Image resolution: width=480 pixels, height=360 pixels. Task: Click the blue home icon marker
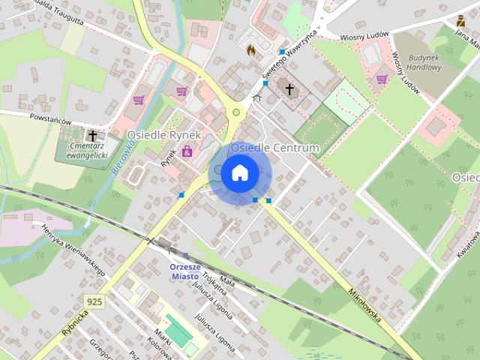(x=239, y=173)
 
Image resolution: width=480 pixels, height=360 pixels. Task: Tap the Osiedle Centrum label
(x=274, y=148)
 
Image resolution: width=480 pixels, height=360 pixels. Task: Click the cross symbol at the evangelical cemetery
(x=93, y=136)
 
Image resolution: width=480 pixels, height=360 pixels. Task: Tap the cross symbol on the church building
(x=289, y=90)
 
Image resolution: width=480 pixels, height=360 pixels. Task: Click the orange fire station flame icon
(x=250, y=50)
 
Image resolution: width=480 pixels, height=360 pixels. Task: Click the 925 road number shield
(x=94, y=301)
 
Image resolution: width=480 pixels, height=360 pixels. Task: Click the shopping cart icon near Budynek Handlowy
(x=382, y=79)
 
